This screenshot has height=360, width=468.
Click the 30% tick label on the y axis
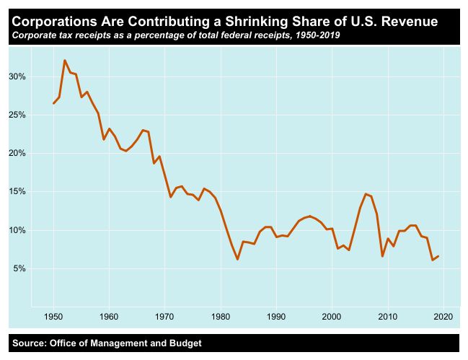pos(17,76)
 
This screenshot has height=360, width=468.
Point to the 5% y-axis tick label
pos(19,268)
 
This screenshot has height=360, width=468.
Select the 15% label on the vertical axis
pos(17,192)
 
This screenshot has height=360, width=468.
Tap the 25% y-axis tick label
pos(17,115)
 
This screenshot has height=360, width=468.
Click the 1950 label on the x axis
pos(53,316)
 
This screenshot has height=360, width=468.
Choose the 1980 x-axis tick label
pos(221,316)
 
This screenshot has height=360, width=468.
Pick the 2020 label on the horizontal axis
pos(443,316)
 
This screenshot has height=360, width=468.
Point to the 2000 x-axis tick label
pos(332,316)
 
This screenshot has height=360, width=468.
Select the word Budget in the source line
pos(183,343)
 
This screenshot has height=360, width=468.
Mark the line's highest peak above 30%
pos(65,61)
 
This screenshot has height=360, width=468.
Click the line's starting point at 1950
pos(53,103)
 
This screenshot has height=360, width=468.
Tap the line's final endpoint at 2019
pos(438,256)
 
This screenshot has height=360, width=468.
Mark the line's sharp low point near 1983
pos(237,259)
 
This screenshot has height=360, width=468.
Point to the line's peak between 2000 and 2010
pos(366,193)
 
